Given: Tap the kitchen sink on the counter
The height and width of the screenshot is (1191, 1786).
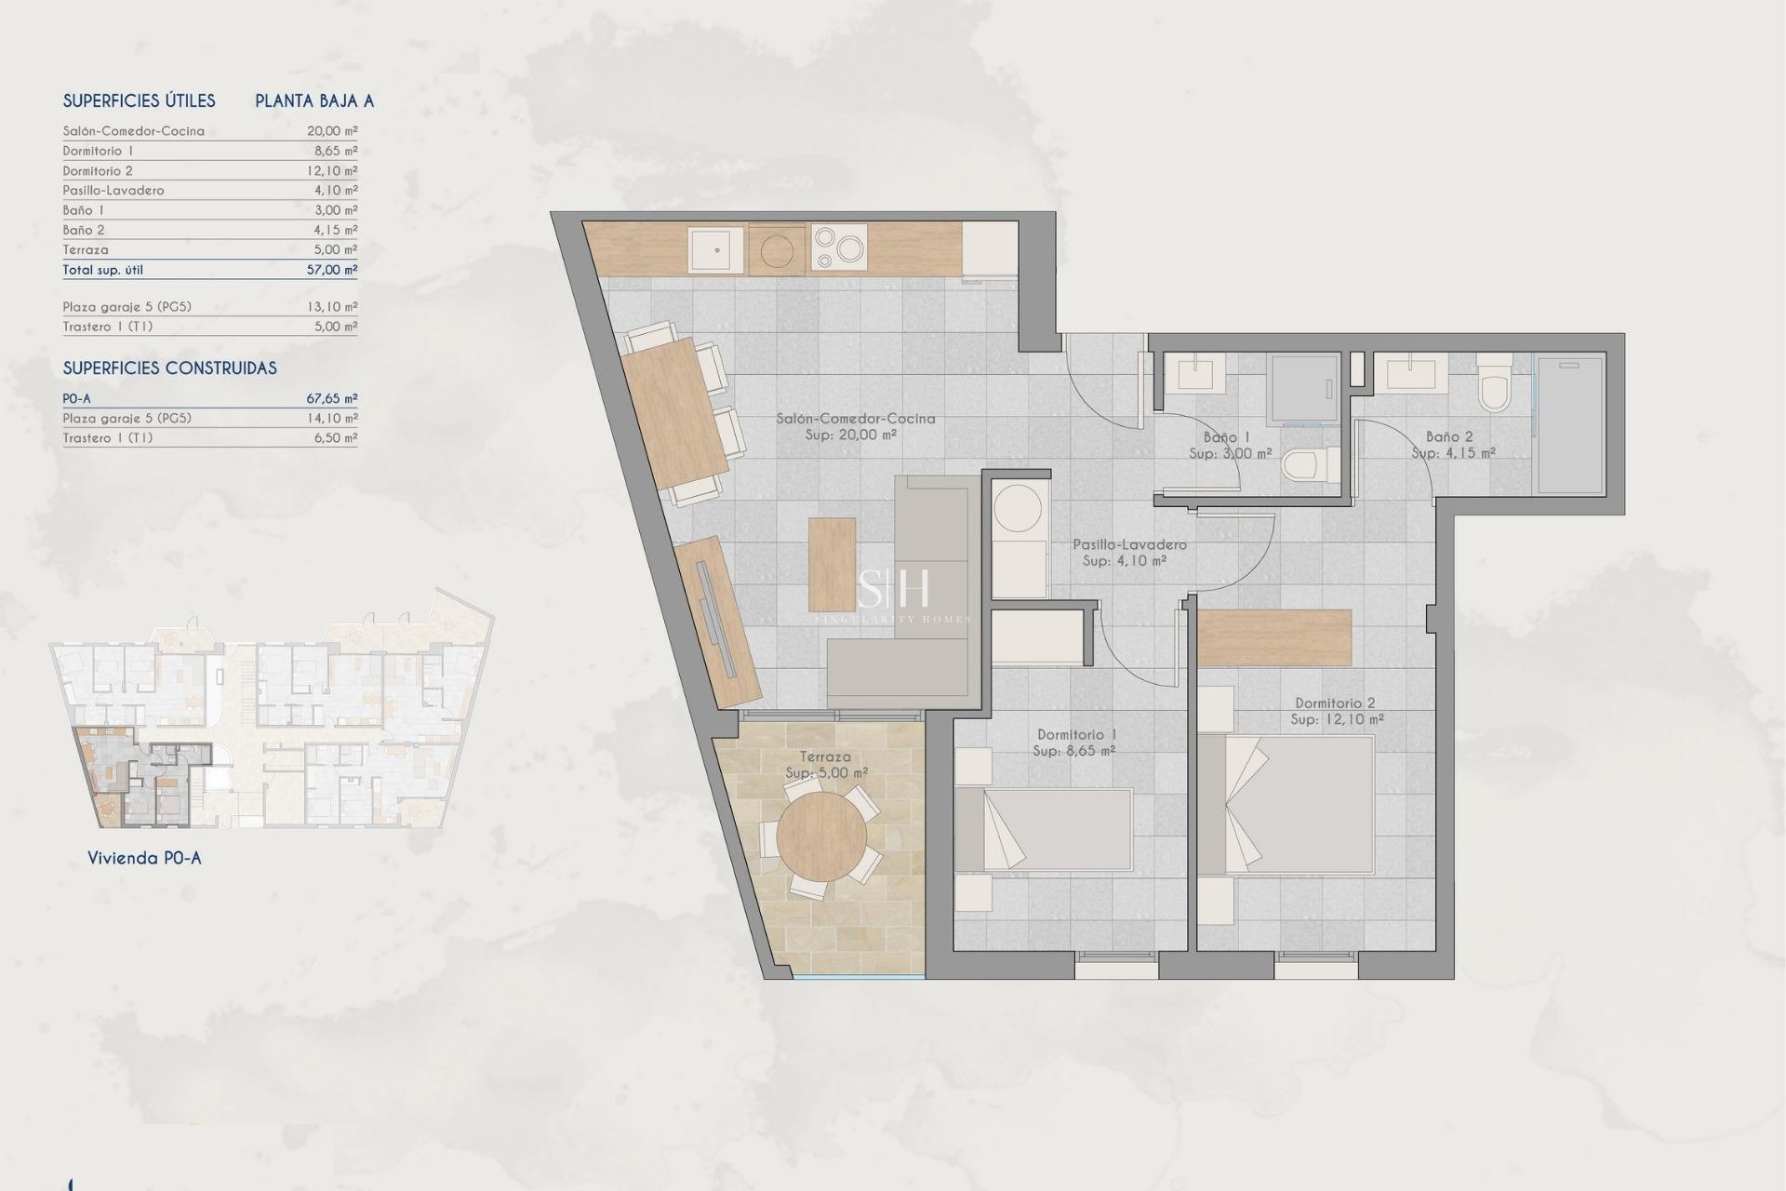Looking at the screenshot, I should coord(716,249).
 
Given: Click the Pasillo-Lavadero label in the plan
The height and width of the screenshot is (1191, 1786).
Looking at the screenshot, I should coord(1129,544).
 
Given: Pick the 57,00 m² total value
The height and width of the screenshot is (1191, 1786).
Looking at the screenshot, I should coord(332,270).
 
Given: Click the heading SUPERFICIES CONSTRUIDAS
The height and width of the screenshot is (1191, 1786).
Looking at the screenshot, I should coord(169,368).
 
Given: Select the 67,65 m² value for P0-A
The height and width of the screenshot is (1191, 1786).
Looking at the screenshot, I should coord(332,398).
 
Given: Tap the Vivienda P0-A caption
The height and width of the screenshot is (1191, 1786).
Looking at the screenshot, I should coord(144,858).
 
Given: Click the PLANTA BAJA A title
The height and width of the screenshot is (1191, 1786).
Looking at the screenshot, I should coord(314,101).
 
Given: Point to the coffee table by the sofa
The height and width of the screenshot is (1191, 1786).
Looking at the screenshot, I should coord(832,564).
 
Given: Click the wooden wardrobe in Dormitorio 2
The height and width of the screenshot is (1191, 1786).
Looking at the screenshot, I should coord(1273,637).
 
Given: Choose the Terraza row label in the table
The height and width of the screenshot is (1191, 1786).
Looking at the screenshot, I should coord(86,250).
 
